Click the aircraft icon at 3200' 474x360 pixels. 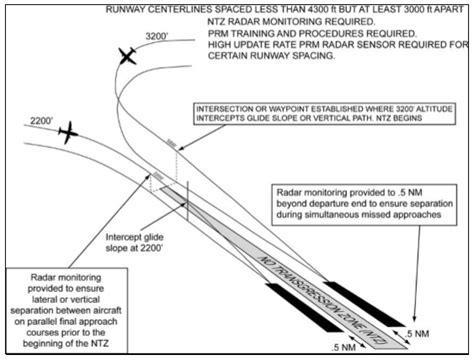pyautogui.click(x=127, y=57)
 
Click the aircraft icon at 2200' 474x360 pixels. pyautogui.click(x=68, y=131)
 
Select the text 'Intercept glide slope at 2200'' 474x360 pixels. pyautogui.click(x=140, y=244)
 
